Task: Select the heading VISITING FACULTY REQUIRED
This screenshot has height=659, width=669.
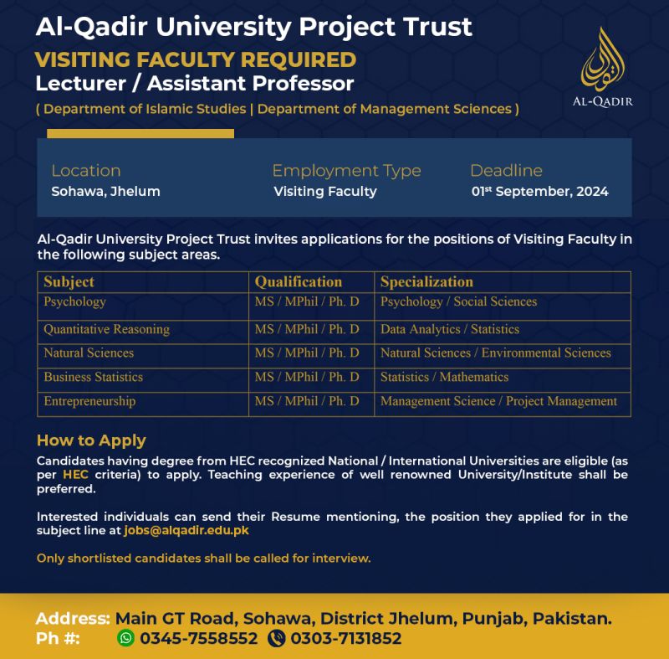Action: click(x=196, y=60)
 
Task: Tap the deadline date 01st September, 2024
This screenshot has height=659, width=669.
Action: click(x=539, y=192)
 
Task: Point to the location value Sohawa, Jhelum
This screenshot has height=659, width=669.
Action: click(x=105, y=192)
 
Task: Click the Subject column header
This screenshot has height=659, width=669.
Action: click(x=69, y=282)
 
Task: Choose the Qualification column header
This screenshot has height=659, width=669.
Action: click(x=299, y=282)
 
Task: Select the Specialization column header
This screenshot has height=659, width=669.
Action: click(x=426, y=282)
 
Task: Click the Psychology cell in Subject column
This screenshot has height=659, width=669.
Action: click(x=74, y=301)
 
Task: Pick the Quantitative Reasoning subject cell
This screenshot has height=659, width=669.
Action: click(x=106, y=329)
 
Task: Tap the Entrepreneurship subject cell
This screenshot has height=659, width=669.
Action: click(x=89, y=401)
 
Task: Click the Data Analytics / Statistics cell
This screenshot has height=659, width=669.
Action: click(x=450, y=329)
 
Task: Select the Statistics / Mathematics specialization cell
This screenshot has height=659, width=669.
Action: click(x=444, y=377)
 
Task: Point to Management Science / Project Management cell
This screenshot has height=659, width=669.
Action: click(x=498, y=401)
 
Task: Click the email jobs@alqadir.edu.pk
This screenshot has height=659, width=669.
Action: click(x=186, y=531)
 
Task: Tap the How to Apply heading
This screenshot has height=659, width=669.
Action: click(x=91, y=440)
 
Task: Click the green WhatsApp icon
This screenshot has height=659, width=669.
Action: click(x=126, y=638)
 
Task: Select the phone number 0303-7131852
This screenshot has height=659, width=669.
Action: click(x=345, y=638)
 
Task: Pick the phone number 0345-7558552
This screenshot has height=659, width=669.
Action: click(x=199, y=638)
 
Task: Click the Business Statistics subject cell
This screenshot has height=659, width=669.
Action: click(x=93, y=377)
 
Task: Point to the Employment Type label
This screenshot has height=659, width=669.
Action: click(x=346, y=171)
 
